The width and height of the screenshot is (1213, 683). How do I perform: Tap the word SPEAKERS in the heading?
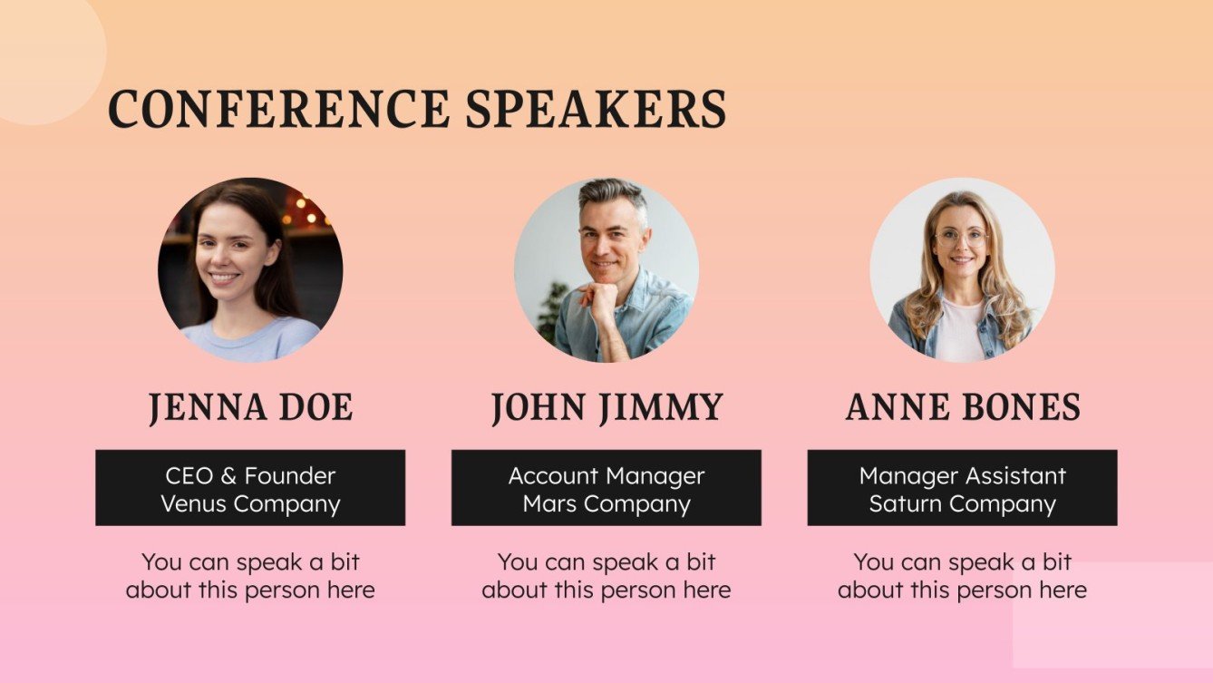coord(596,109)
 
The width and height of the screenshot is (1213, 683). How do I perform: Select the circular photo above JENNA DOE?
coord(250,269)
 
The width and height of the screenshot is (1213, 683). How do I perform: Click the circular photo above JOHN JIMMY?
coord(606,269)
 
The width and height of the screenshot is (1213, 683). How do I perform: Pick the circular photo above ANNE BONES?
coord(962,269)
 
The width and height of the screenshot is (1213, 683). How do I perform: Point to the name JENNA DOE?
coord(250,408)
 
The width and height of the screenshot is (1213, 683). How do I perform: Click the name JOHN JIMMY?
coord(606,408)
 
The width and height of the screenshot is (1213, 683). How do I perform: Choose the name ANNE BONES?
coord(962,408)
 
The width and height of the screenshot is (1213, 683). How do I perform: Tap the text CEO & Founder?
coord(250,475)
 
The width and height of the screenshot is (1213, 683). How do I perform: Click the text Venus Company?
coord(250,503)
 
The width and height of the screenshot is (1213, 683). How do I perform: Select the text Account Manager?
coord(606,475)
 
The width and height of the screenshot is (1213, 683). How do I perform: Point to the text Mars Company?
coord(606,503)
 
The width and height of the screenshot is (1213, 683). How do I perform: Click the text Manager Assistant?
coord(962,475)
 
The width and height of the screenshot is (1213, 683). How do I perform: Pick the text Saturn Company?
coord(962,503)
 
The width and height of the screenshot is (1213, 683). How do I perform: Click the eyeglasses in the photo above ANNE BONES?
coord(961,239)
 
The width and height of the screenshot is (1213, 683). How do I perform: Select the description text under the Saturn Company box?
coord(962,576)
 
